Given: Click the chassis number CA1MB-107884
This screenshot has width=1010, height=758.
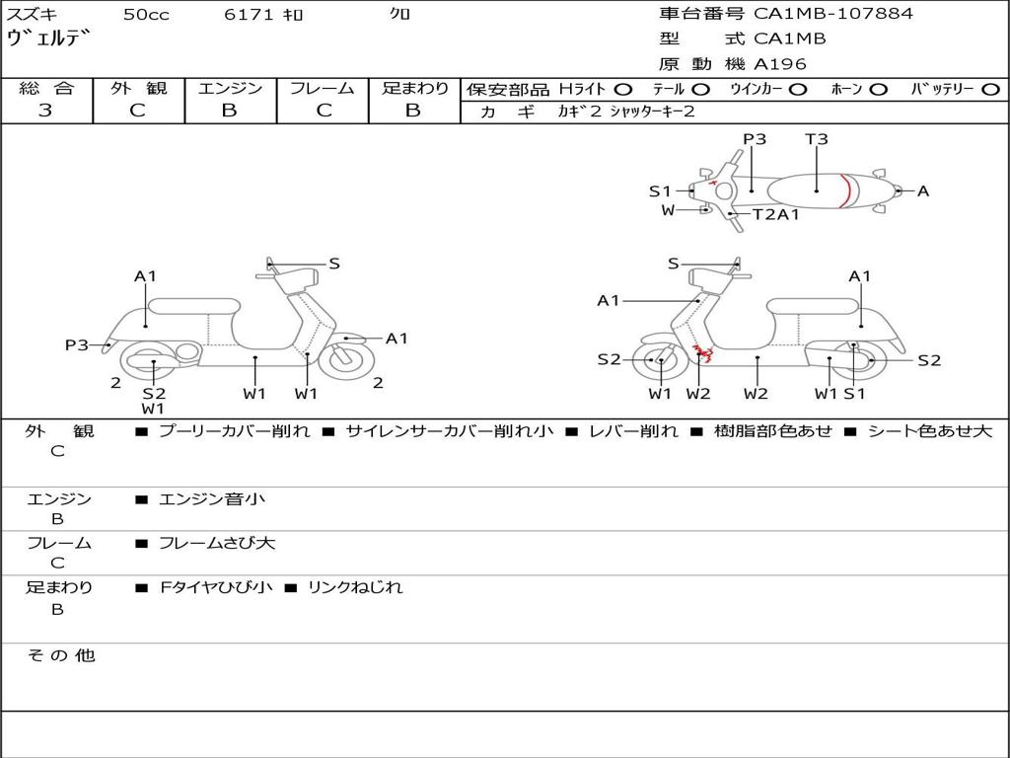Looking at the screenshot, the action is coord(833,14).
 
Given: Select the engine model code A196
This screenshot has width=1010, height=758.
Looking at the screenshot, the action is coord(780,64).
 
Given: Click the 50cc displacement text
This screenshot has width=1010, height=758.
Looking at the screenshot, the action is coord(146,15).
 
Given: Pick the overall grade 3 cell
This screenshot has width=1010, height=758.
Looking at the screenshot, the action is coord(45,111).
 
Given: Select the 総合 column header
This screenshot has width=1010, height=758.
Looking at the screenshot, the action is coord(46,88).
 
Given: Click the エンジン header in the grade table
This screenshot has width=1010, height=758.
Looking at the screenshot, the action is coord(230,88).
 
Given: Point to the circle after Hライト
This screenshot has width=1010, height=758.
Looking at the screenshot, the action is coord(623,89).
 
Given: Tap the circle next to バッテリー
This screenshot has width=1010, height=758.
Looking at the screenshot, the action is coord(991,89).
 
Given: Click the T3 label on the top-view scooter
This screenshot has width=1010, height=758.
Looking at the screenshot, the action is coord(817,139).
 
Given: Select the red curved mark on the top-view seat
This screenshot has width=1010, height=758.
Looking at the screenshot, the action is coord(845,190).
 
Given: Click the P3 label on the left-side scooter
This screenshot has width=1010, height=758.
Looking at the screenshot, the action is coord(77,344).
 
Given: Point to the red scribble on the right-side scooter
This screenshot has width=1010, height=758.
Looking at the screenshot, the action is coord(703,352).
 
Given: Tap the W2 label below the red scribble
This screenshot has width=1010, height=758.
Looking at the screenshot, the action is coord(698,394).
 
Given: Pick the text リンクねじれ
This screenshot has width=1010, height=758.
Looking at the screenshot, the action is coord(355,587).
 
